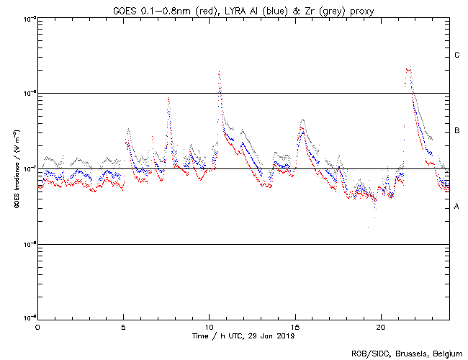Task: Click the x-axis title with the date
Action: pos(243,336)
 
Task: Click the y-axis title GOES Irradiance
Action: pos(16,168)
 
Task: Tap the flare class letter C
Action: pos(456,55)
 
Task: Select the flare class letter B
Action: pos(456,131)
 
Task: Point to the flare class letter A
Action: pos(456,207)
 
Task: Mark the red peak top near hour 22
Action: pos(408,69)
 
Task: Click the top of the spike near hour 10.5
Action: pos(219,71)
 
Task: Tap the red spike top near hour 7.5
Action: pos(168,99)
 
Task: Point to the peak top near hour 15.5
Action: pos(302,120)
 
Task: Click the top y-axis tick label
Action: pos(27,18)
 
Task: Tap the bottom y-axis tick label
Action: pos(27,319)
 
